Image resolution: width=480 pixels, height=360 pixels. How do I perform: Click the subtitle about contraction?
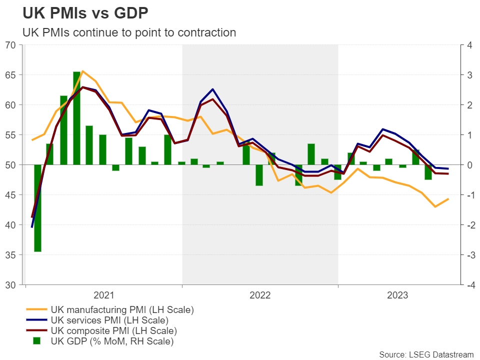click(129, 33)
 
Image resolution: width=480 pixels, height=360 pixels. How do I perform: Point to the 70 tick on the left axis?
click(10, 45)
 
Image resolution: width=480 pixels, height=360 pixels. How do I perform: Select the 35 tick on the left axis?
click(10, 255)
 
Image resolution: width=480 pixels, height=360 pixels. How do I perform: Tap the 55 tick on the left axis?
click(10, 135)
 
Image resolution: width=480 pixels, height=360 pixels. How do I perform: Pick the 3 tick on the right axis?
click(469, 75)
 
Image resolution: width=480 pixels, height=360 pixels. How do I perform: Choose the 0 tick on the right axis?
click(469, 165)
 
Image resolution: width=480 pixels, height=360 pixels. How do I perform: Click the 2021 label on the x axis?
click(103, 295)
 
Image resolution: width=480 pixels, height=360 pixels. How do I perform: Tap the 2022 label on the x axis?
click(259, 295)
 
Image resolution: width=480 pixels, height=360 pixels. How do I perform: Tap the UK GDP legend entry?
click(111, 341)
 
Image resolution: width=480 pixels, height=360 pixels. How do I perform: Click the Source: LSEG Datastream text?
click(426, 354)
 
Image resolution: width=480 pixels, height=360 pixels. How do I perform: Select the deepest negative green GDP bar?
click(37, 208)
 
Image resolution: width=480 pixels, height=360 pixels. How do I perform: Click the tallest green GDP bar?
click(77, 118)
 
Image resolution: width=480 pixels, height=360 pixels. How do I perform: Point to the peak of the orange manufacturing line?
click(83, 71)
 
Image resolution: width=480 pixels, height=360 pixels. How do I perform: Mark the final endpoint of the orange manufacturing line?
click(448, 199)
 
